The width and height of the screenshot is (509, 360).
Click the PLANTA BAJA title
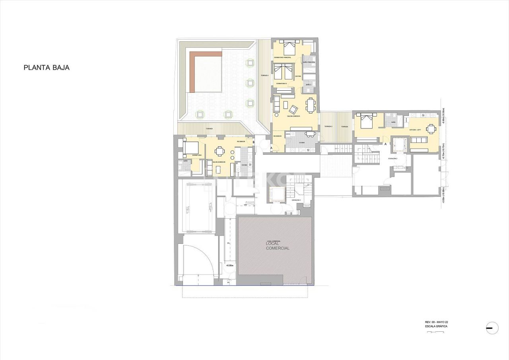pos(47,68)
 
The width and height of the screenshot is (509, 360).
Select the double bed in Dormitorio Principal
pos(289,48)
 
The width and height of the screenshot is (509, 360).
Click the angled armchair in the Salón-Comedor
pos(293,109)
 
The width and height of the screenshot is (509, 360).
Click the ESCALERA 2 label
pos(393,159)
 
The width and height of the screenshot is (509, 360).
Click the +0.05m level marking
pos(229,265)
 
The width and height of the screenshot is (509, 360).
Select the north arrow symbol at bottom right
pos(492,327)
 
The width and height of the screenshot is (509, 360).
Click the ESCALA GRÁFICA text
pos(436,326)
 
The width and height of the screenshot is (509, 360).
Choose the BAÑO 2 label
pos(309,86)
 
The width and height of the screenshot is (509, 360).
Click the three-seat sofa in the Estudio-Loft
pos(418,140)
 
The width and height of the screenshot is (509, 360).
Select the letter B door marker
pos(253,142)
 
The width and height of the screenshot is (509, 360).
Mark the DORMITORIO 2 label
pos(282,83)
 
